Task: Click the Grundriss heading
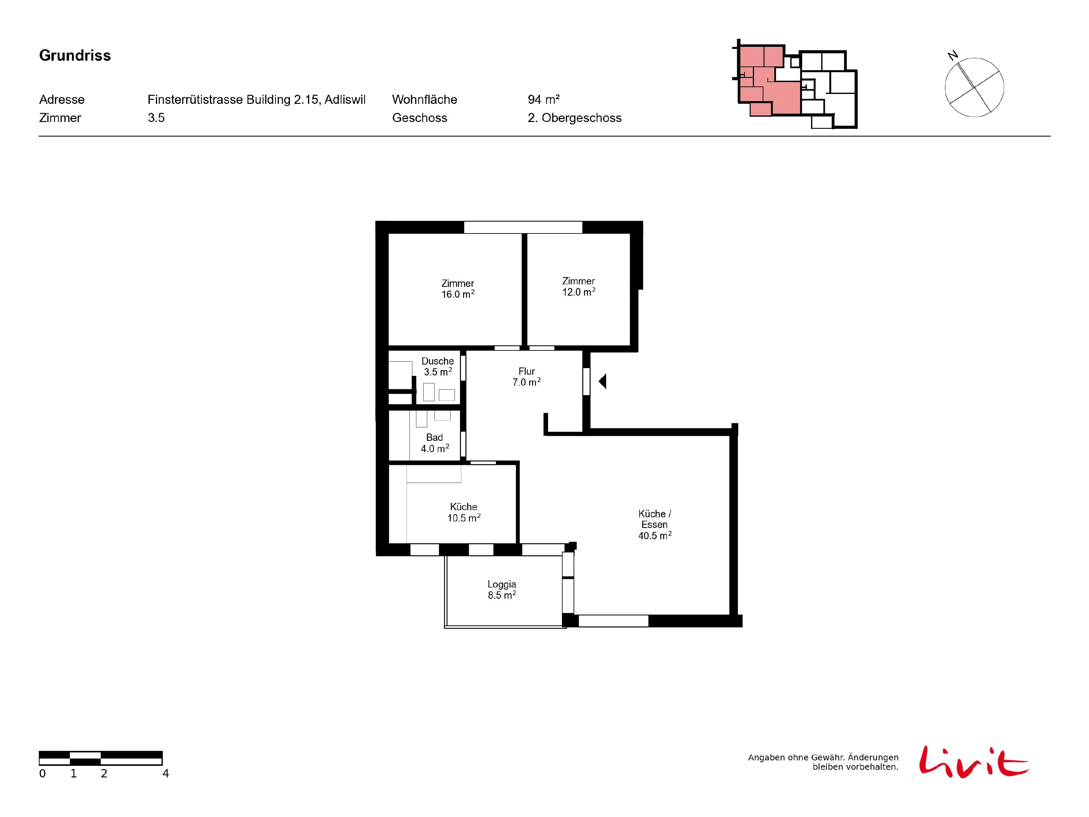75,55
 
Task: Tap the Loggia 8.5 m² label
502,589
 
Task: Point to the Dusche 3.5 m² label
438,366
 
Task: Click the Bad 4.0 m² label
435,443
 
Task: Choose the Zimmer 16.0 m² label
458,289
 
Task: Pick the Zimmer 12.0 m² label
579,286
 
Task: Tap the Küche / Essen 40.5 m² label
655,524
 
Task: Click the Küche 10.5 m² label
464,512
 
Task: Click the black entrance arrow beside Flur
603,381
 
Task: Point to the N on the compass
953,55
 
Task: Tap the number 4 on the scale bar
166,774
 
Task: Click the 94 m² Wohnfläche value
543,99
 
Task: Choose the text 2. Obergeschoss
575,118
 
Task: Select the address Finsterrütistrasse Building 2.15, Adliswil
257,99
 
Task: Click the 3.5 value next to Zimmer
156,118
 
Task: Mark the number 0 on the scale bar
42,774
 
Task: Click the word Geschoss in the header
420,118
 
